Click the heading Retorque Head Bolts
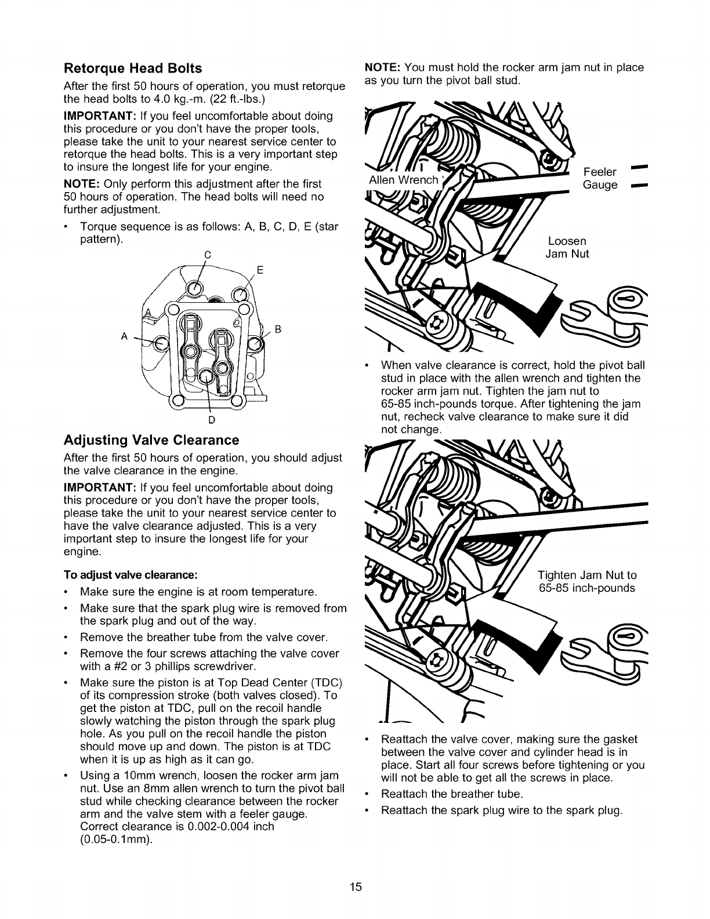coord(132,68)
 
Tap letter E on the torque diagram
coord(260,270)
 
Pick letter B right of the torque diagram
coord(277,330)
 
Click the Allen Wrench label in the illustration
coord(403,180)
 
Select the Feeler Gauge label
coord(600,179)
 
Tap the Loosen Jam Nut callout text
coord(567,247)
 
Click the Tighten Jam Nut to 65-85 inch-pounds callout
coord(586,581)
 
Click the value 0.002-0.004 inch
coord(223,826)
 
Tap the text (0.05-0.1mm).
coord(116,838)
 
